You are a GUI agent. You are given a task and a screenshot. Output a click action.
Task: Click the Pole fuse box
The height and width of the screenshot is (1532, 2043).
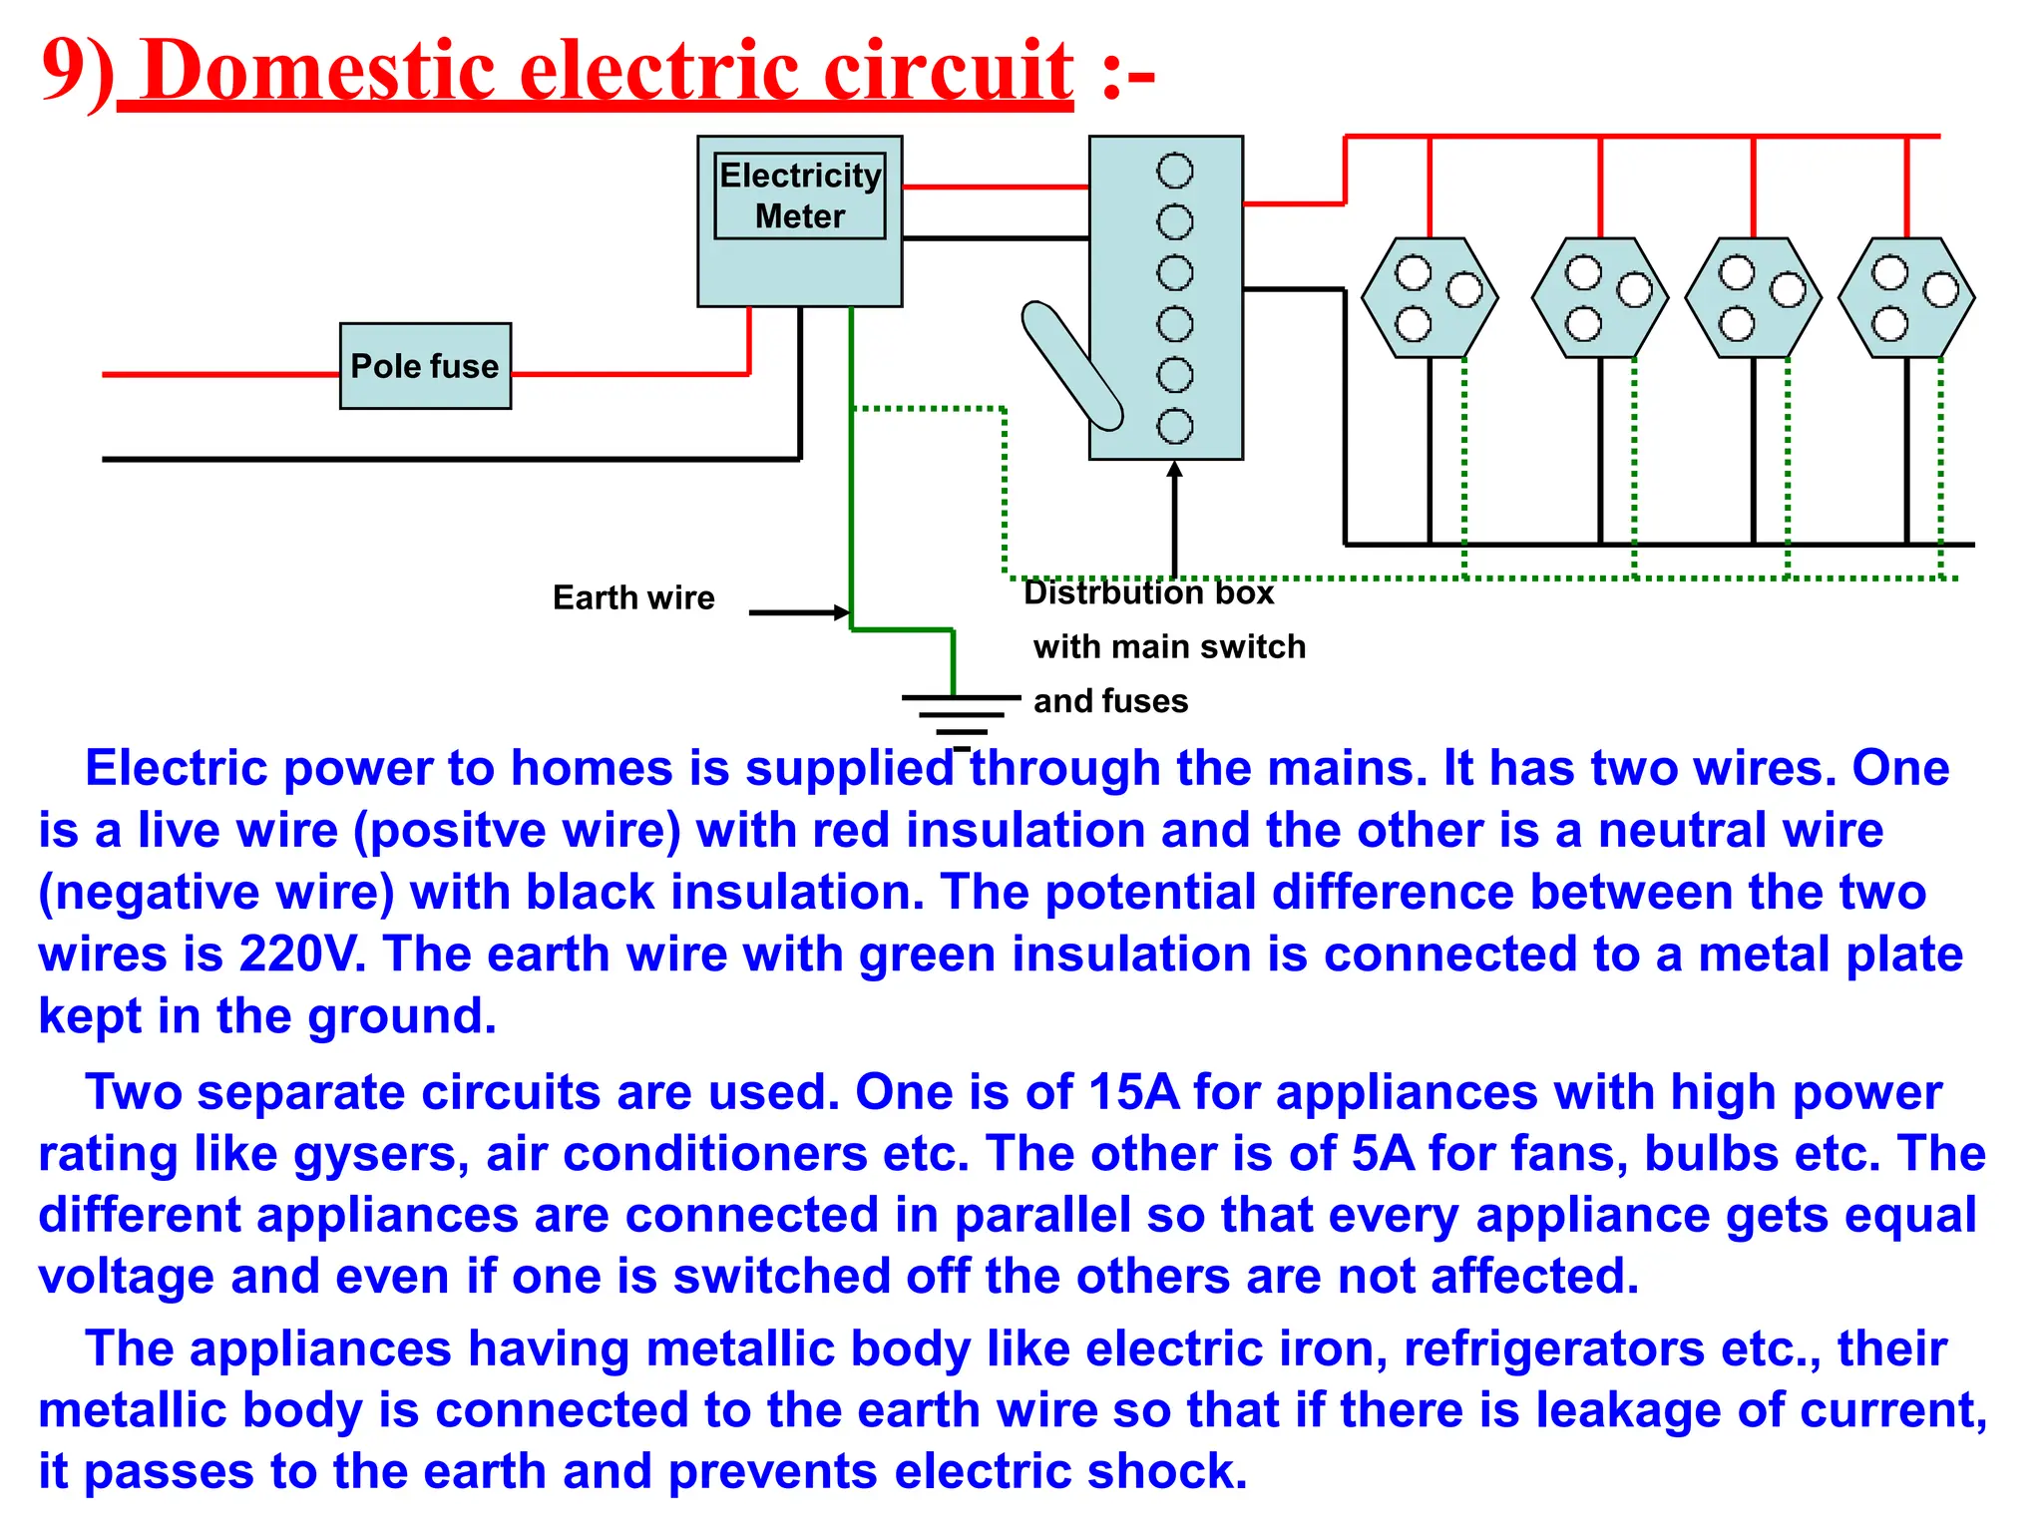coord(425,366)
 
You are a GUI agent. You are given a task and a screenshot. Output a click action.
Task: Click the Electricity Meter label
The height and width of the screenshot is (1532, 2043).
coord(800,195)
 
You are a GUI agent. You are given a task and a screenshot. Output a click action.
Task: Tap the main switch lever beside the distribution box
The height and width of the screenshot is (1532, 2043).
coord(1071,365)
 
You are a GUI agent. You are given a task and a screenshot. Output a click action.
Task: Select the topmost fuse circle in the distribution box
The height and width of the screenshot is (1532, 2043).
coord(1174,171)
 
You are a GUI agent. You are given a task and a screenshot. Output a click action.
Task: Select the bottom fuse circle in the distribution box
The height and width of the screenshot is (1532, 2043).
coord(1174,427)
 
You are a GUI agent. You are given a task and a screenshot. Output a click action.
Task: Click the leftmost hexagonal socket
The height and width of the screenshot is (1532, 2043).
coord(1430,297)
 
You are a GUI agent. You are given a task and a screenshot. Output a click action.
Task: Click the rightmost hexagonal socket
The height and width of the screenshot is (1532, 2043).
coord(1906,297)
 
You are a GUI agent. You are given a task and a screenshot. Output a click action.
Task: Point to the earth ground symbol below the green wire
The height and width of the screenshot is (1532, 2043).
coord(960,714)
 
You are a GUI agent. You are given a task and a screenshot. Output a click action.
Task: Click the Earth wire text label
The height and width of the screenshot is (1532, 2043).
coord(633,597)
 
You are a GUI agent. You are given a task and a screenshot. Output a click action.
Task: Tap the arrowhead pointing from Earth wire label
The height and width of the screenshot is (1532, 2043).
coord(842,612)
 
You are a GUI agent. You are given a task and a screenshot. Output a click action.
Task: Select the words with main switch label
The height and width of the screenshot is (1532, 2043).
coord(1169,646)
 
